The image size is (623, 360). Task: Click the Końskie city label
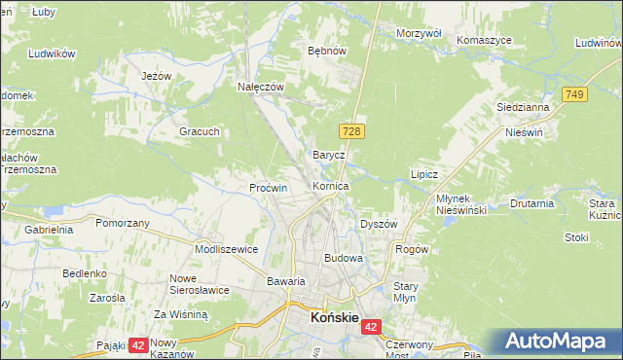[x=335, y=317]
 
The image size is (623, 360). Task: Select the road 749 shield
[x=573, y=93]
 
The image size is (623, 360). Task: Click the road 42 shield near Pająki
[x=137, y=344]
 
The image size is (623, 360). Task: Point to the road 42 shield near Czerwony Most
[x=372, y=329]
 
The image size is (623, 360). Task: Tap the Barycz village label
[x=328, y=155]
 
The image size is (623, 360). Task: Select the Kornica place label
[x=331, y=186]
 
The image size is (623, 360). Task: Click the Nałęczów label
[x=261, y=86]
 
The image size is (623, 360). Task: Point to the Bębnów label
[x=327, y=50]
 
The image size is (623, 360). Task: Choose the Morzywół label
[x=420, y=33]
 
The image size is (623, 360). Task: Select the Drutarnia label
[x=531, y=204]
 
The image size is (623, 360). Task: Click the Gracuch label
[x=199, y=131]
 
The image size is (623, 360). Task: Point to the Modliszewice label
[x=226, y=249]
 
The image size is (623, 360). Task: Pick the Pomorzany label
[x=123, y=223]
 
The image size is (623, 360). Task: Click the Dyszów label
[x=379, y=224]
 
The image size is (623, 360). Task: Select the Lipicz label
[x=424, y=175]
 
